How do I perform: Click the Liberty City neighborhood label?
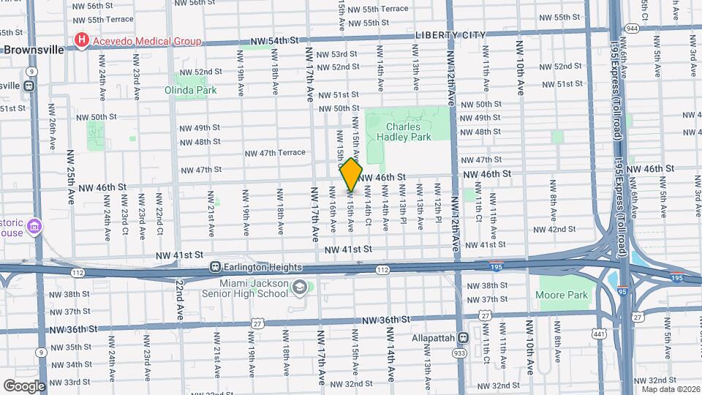click(450, 35)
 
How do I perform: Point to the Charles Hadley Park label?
click(408, 131)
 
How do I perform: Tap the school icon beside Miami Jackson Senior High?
click(298, 288)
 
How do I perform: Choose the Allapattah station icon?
click(463, 338)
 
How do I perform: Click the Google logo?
click(24, 385)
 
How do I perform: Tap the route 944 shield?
click(632, 28)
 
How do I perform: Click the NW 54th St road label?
click(275, 42)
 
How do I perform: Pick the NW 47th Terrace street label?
click(274, 153)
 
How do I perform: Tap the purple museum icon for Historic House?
click(33, 227)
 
